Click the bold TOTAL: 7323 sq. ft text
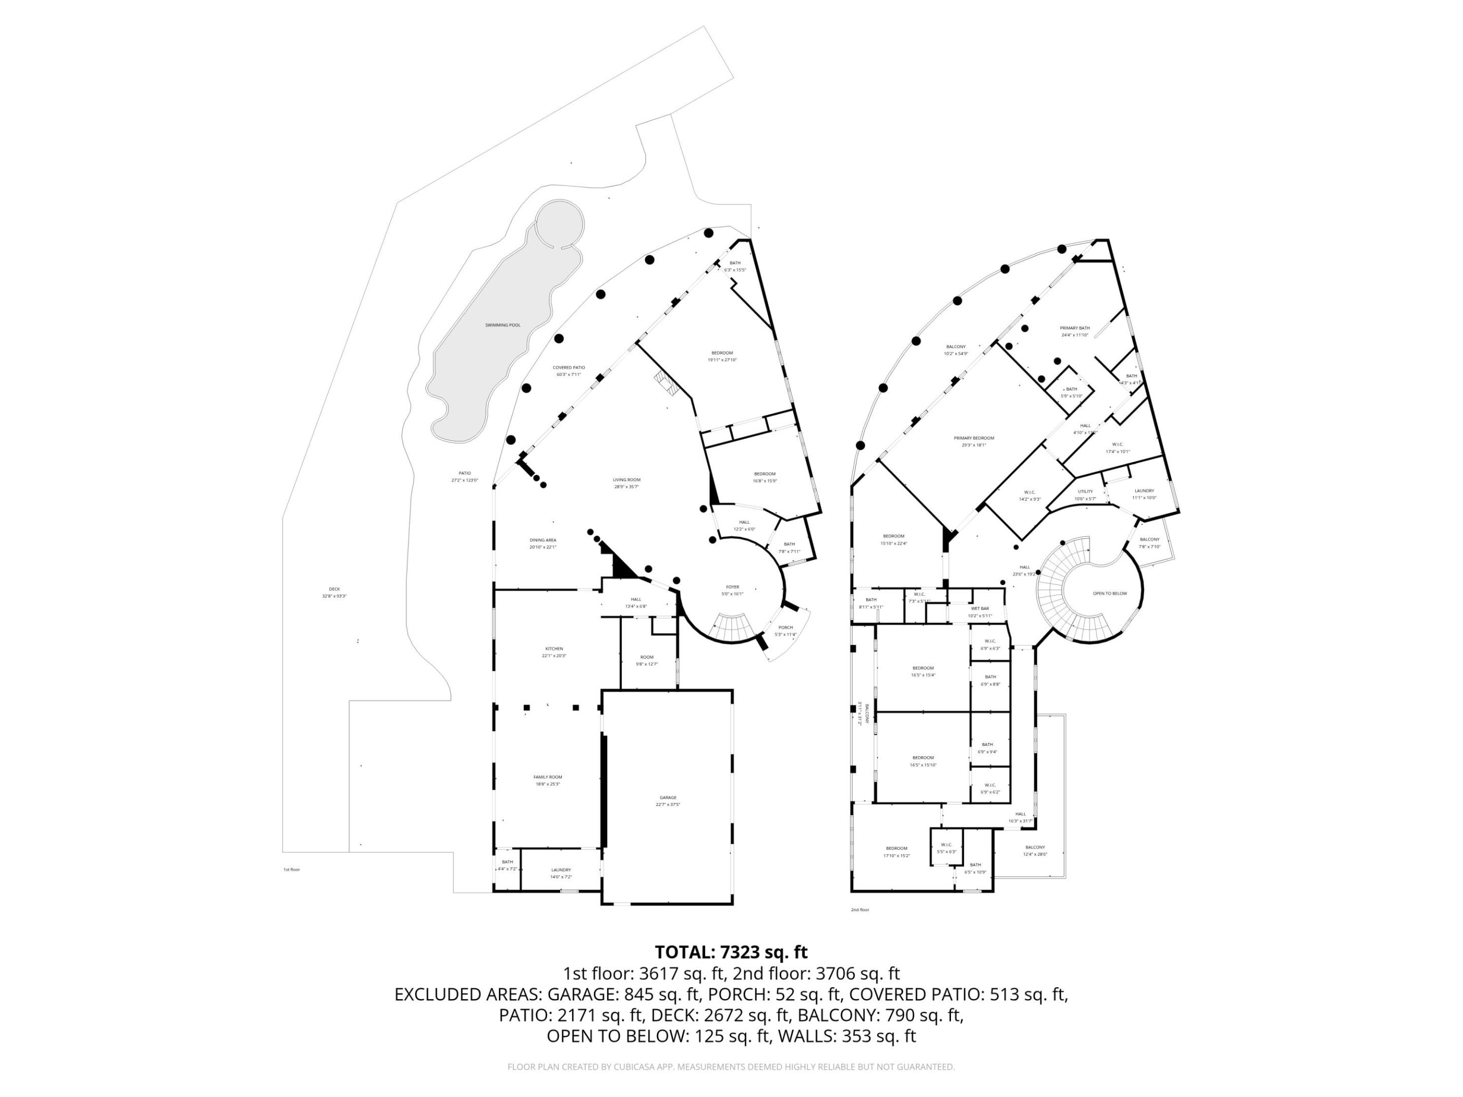tap(731, 952)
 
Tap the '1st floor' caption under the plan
tap(291, 869)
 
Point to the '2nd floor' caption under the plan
tap(860, 910)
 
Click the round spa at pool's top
tap(559, 223)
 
